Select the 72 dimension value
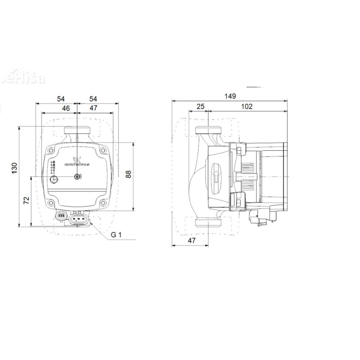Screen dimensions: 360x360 pyautogui.click(x=26, y=201)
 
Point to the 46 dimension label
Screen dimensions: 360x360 pyautogui.click(x=66, y=108)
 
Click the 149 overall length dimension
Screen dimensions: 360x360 pyautogui.click(x=230, y=97)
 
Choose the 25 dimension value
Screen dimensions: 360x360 pyautogui.click(x=201, y=106)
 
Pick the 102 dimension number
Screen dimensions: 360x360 pyautogui.click(x=247, y=106)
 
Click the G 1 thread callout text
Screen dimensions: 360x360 pyautogui.click(x=117, y=235)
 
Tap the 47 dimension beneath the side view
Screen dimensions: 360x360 pyautogui.click(x=192, y=241)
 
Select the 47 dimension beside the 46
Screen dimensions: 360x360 pyautogui.click(x=93, y=108)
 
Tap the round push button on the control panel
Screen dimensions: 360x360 pyautogui.click(x=55, y=181)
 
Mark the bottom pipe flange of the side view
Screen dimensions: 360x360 pyautogui.click(x=208, y=223)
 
